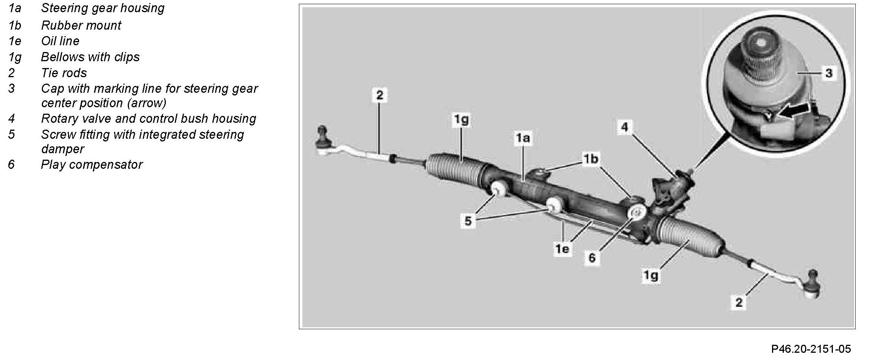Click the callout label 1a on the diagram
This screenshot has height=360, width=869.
click(x=523, y=138)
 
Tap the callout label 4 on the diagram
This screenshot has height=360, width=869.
click(x=624, y=127)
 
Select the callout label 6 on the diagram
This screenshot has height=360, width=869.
click(x=592, y=258)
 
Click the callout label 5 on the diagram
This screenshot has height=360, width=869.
click(x=468, y=221)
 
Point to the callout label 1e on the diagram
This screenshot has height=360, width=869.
click(x=562, y=249)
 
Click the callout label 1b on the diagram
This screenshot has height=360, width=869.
click(x=591, y=159)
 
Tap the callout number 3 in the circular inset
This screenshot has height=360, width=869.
click(x=829, y=73)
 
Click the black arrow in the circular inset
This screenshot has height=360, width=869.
click(x=793, y=111)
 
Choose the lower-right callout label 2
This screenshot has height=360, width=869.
click(x=739, y=303)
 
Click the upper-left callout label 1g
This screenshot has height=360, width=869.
click(x=461, y=120)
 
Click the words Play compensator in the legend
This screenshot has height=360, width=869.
click(x=92, y=165)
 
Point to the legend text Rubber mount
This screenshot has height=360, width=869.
click(x=81, y=25)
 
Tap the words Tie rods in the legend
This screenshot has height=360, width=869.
click(x=64, y=73)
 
